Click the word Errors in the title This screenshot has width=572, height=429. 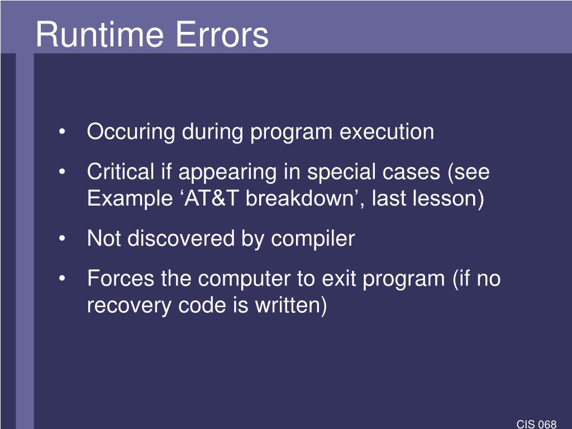tap(222, 34)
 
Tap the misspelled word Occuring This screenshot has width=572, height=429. tap(131, 132)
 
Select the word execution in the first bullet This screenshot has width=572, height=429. tap(387, 132)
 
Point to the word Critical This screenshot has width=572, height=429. tap(121, 171)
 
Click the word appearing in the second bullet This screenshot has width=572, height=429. tap(227, 173)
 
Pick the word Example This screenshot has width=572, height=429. tap(130, 199)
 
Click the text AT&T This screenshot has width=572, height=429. tap(212, 198)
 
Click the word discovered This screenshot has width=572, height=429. tap(181, 239)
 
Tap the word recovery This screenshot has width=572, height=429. tap(129, 306)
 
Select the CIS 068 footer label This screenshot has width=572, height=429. tap(536, 424)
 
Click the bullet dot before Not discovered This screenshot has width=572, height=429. tap(62, 239)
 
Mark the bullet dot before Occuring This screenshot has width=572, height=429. tap(62, 132)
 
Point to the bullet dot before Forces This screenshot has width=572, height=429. tap(62, 279)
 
